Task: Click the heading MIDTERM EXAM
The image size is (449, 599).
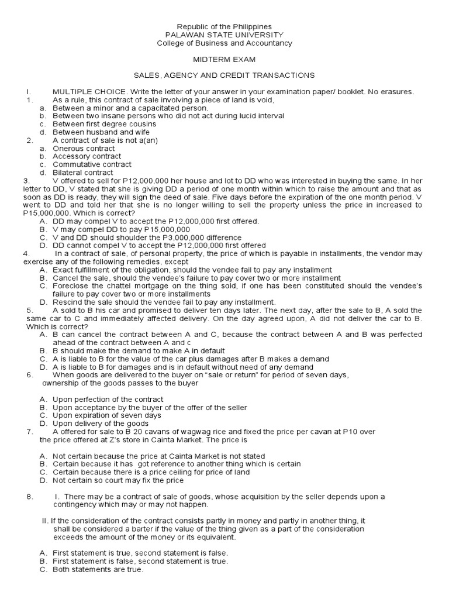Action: (x=225, y=60)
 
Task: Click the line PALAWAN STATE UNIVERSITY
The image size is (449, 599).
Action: (x=225, y=35)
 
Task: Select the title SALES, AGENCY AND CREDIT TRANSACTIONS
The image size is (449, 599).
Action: (x=225, y=75)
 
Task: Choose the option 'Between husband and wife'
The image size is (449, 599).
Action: (x=101, y=132)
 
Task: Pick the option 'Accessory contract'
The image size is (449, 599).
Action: (x=87, y=157)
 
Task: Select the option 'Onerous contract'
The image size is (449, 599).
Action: (x=85, y=149)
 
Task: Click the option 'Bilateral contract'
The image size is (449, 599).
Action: (x=83, y=173)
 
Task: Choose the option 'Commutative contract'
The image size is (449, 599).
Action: (x=92, y=165)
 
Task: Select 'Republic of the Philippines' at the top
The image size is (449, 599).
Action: (x=225, y=27)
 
